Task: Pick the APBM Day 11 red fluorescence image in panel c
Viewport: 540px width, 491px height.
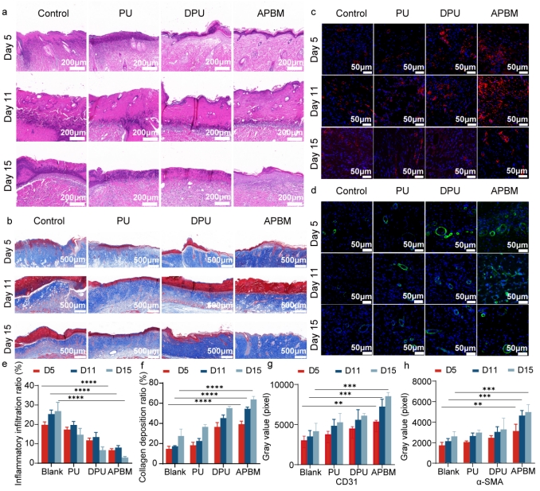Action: pos(503,101)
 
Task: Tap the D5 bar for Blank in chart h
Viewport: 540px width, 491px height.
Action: pos(441,454)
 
